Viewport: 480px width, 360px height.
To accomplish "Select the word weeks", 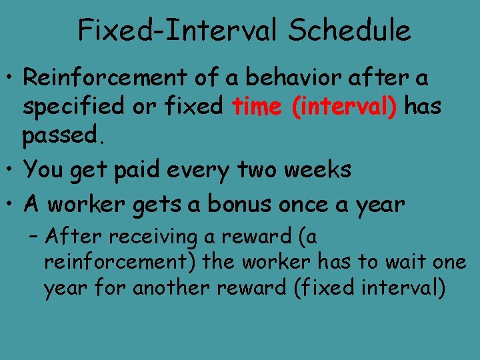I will pyautogui.click(x=317, y=170).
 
